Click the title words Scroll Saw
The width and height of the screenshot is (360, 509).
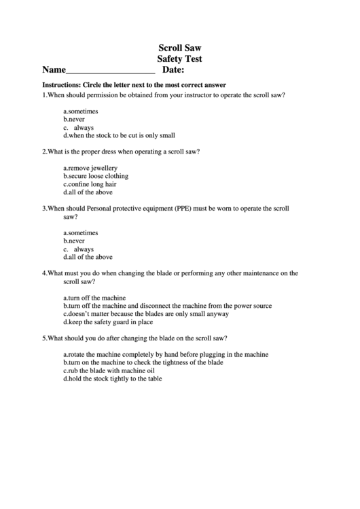click(179, 48)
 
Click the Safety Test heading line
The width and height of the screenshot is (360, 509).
click(179, 59)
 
